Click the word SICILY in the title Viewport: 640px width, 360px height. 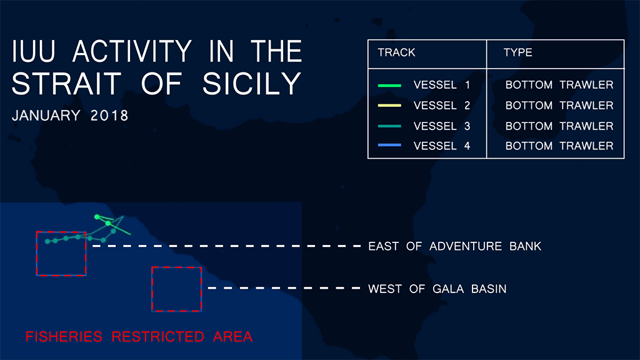(x=251, y=84)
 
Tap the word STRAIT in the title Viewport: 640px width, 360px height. (x=66, y=84)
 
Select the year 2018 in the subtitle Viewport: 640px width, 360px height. (x=109, y=116)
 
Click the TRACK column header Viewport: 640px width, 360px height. (x=396, y=52)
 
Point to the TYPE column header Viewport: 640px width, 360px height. (x=517, y=52)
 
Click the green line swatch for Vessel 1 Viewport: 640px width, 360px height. (x=389, y=85)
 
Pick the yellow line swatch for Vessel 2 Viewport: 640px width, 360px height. (x=389, y=105)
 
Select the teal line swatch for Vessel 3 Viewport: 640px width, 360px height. (x=389, y=126)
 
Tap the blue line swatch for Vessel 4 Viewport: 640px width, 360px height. (x=389, y=145)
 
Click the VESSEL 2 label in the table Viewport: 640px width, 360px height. (x=442, y=105)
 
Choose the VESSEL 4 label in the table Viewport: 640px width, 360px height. (x=442, y=146)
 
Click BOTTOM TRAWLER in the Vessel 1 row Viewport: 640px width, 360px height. (x=559, y=85)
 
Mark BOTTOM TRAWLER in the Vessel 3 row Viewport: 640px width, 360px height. (x=559, y=126)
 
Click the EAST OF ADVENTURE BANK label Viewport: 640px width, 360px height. (x=455, y=246)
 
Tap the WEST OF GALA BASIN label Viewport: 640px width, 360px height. (x=437, y=289)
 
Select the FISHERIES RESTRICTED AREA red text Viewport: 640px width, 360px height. (x=139, y=337)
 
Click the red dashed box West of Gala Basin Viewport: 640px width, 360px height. (x=152, y=289)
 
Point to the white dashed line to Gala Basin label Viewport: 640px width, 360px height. (x=284, y=288)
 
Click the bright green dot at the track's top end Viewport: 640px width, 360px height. (x=97, y=217)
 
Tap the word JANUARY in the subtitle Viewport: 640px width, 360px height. (x=46, y=116)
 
